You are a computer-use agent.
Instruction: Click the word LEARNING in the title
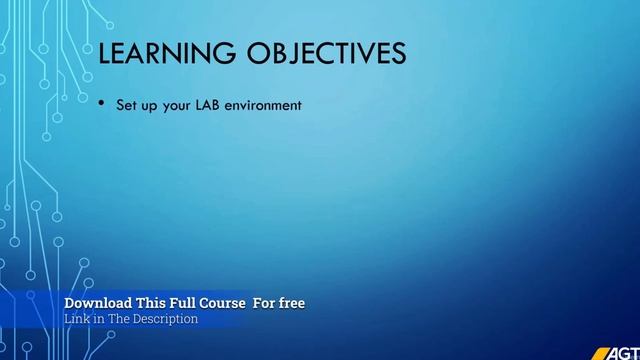(162, 53)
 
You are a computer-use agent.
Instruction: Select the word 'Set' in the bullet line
(128, 103)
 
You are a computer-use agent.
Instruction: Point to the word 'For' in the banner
(263, 302)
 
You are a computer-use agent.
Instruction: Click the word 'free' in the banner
(291, 302)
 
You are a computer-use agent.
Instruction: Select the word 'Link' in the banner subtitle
(77, 319)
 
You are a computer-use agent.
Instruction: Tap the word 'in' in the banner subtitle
(100, 319)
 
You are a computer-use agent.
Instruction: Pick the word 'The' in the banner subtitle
(121, 319)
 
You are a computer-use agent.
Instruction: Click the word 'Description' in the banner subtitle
(167, 319)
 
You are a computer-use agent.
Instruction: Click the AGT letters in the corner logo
(625, 352)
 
